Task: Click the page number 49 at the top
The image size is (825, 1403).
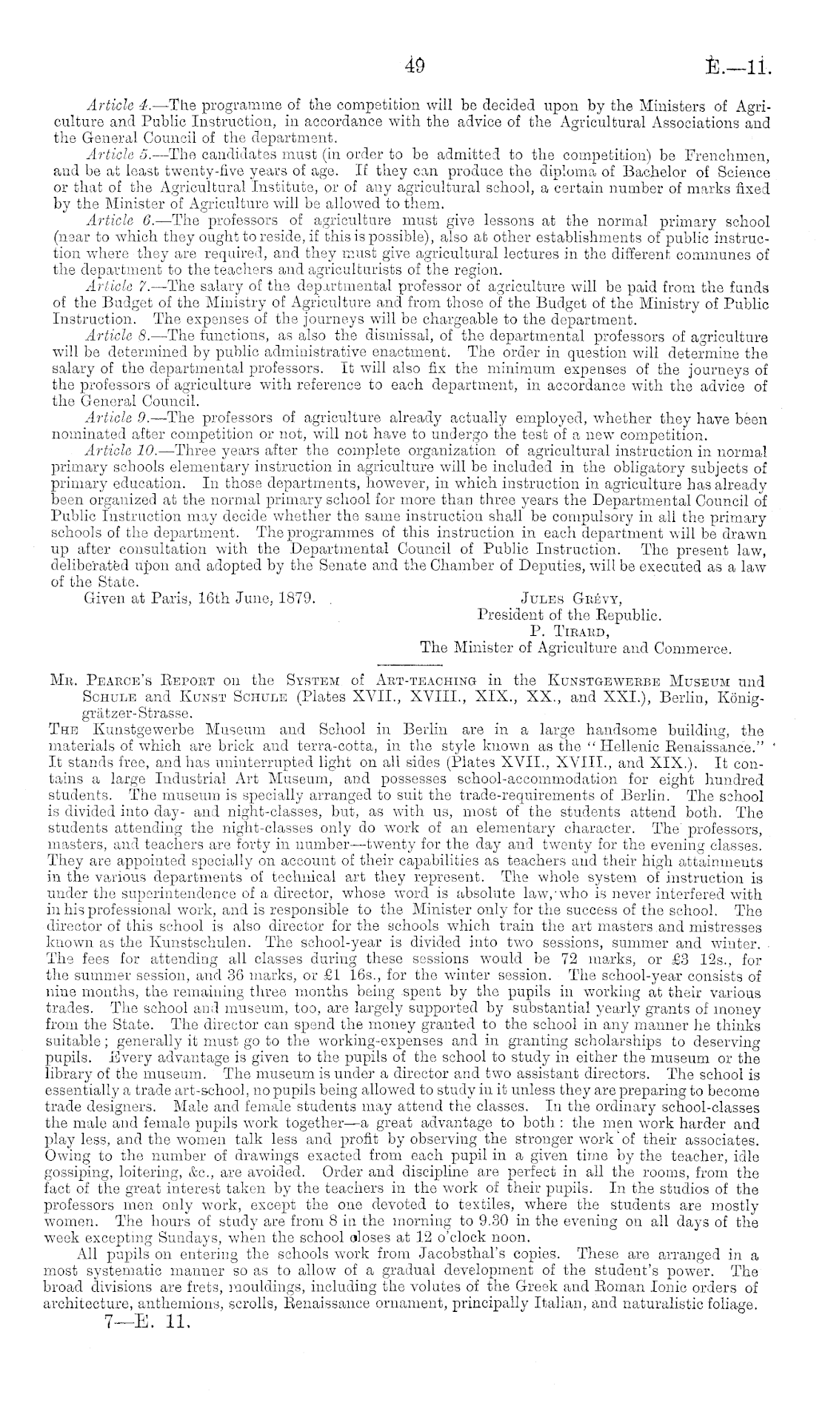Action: (x=414, y=68)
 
